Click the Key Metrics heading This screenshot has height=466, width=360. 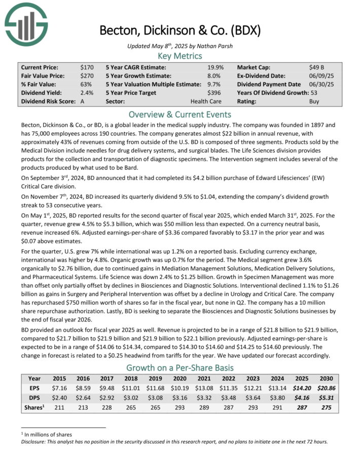[x=179, y=56]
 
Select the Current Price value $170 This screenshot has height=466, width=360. [x=87, y=67]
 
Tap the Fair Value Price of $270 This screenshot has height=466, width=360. [x=87, y=76]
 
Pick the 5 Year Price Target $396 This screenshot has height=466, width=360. [x=215, y=93]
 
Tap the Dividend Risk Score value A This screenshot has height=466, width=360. [x=83, y=101]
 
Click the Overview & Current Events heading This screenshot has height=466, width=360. [x=179, y=114]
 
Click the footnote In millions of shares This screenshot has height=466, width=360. [x=49, y=435]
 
